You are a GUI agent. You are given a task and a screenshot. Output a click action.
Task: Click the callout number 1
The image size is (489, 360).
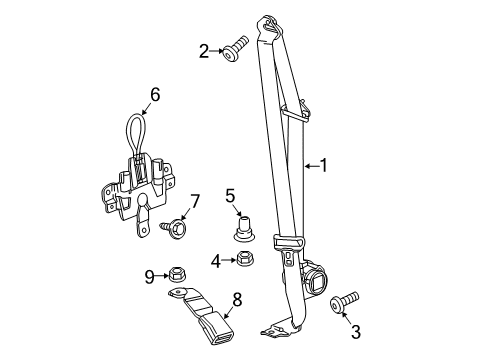point(323,166)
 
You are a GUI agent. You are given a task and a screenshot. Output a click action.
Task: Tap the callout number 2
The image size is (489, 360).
point(204,49)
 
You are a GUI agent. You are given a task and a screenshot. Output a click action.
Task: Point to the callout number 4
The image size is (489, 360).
point(216,262)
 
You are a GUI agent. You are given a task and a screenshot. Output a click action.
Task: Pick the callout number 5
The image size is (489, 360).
point(229,195)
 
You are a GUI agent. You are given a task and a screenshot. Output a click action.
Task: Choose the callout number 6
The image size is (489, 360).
point(155,95)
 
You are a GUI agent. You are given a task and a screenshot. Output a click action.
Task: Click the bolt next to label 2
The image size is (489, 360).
point(238,47)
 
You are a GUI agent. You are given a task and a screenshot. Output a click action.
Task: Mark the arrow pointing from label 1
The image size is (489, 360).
point(308,166)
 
